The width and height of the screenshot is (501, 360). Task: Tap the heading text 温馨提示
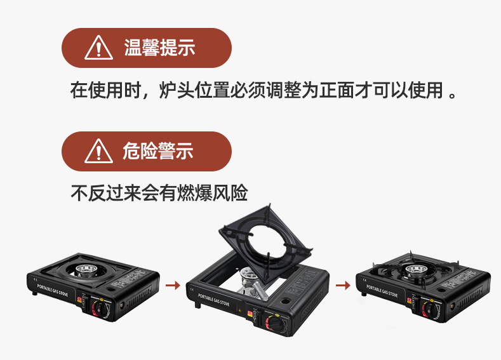(x=159, y=48)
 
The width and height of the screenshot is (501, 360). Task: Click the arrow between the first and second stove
(x=172, y=285)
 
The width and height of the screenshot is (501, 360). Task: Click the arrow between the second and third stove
(x=343, y=285)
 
